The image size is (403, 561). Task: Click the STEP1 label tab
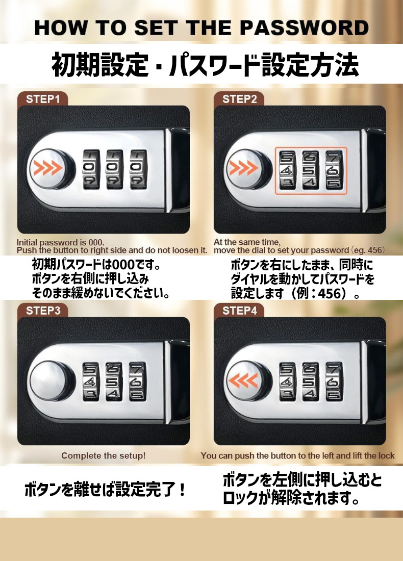tap(42, 99)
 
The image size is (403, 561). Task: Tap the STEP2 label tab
tap(239, 99)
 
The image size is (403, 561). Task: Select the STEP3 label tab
tap(42, 310)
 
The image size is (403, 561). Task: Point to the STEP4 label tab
tap(239, 310)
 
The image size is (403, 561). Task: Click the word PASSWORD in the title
tap(304, 28)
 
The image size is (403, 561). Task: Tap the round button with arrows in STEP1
tap(51, 168)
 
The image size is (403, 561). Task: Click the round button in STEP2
tap(247, 168)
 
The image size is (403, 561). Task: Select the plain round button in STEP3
tap(51, 379)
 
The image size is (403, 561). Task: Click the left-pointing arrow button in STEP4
tap(247, 380)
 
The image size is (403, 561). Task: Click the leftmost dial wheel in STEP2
tap(287, 170)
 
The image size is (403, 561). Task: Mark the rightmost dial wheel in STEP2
tap(334, 170)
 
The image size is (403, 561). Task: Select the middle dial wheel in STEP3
tap(114, 381)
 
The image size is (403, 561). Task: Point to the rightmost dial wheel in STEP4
tap(334, 381)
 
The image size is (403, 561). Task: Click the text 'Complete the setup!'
tap(104, 456)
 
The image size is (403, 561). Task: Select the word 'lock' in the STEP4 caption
tap(387, 455)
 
